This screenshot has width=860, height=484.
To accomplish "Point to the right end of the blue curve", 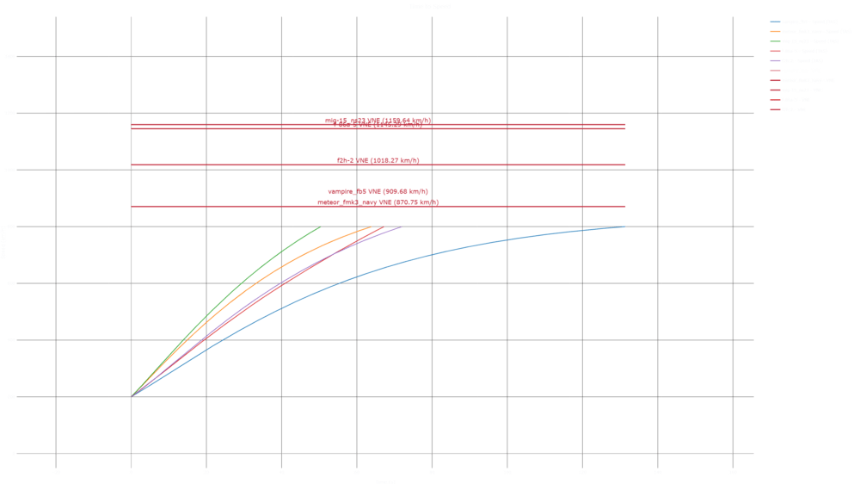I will [x=625, y=227].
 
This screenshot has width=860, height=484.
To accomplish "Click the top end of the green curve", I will [x=320, y=227].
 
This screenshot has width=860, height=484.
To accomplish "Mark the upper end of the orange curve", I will [x=371, y=227].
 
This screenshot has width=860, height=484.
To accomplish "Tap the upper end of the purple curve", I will [x=402, y=227].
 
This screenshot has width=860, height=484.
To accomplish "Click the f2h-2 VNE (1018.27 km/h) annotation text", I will [x=378, y=161].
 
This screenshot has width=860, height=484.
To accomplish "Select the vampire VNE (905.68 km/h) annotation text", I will [x=378, y=191].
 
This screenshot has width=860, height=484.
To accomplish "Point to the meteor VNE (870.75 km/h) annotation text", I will [x=378, y=203].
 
